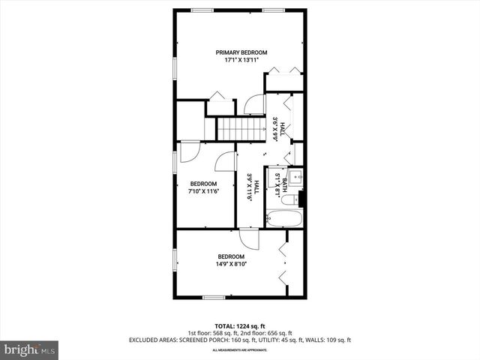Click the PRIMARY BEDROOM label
[241, 52]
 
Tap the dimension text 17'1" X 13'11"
[241, 60]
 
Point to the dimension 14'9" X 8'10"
[231, 264]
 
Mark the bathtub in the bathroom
[284, 218]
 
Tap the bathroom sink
[296, 178]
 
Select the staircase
[241, 129]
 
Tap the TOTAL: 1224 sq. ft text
[240, 326]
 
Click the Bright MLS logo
[30, 349]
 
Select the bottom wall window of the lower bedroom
[214, 298]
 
